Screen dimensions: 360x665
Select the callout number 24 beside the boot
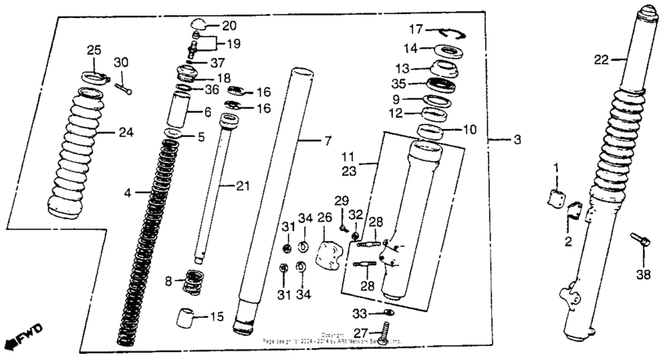[x=125, y=132]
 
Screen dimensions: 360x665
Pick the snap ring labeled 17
[x=449, y=32]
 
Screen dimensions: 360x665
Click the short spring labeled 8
[x=192, y=281]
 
